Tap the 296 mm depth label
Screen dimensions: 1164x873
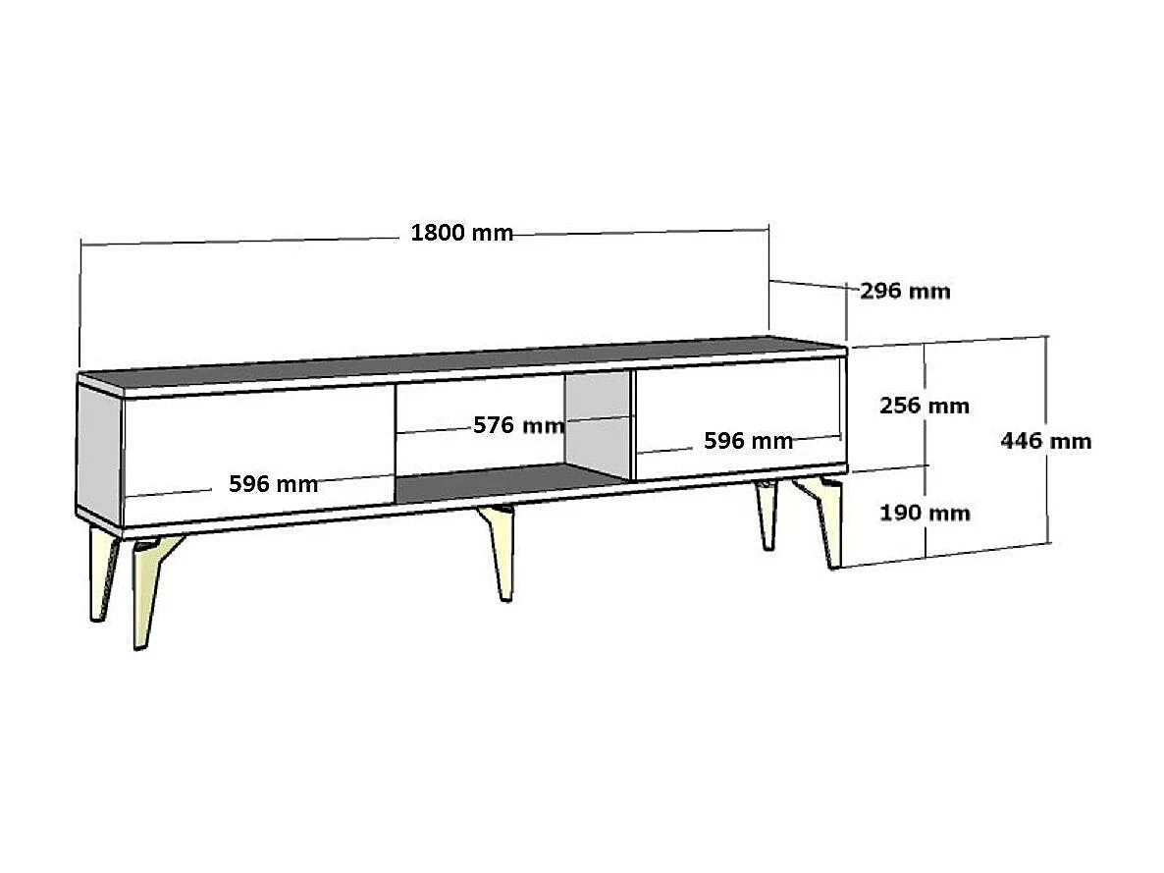(905, 291)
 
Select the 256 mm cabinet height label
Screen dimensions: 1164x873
(925, 405)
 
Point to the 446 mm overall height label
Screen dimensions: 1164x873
(1045, 440)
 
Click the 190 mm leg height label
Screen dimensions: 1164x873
(925, 513)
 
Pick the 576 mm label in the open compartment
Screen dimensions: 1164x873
(518, 425)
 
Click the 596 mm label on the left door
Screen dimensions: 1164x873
(273, 483)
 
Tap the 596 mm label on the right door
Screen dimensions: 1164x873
(748, 441)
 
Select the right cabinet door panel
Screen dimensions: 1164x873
(736, 412)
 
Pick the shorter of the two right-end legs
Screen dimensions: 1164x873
(766, 516)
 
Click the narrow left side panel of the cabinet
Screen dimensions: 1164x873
(99, 452)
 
